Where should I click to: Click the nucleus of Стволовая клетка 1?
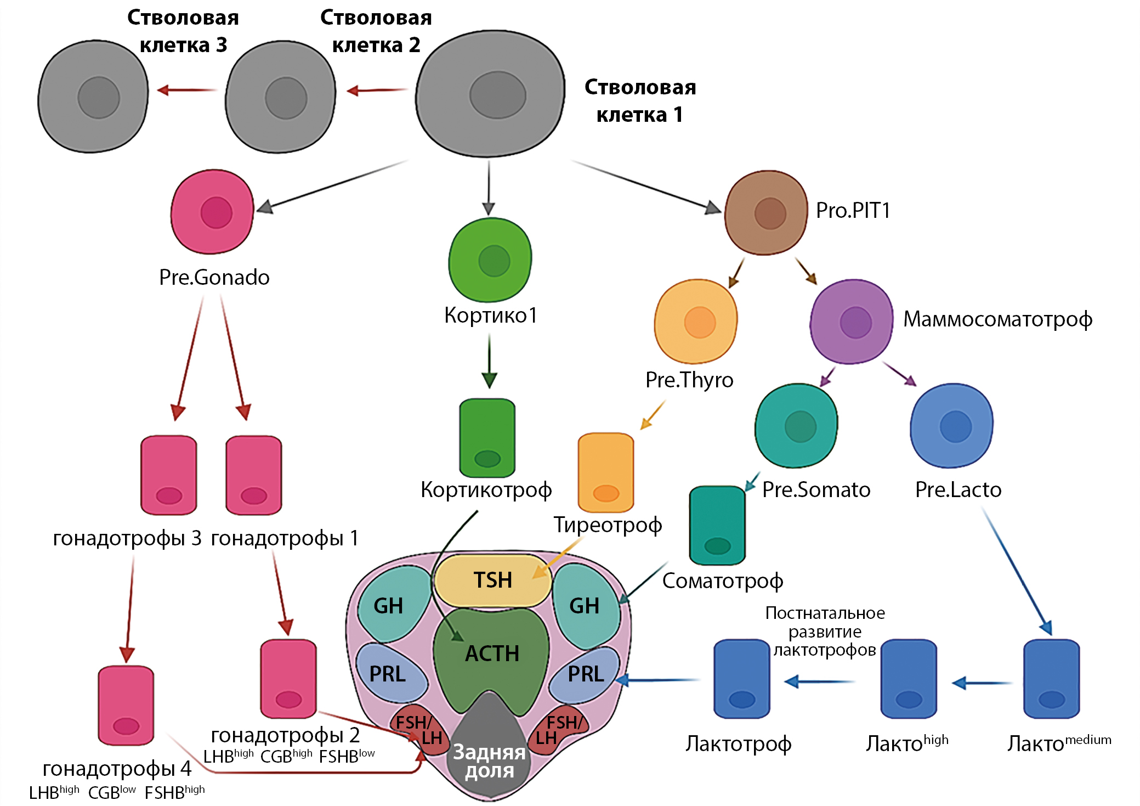[x=497, y=95]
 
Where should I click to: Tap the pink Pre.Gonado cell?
[x=212, y=212]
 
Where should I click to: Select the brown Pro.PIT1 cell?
[x=766, y=213]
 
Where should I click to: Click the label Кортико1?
[x=490, y=315]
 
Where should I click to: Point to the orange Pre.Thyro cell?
[x=696, y=322]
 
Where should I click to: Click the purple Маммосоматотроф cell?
[x=852, y=322]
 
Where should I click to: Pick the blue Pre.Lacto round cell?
[x=952, y=426]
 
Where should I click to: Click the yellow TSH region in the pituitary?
[x=492, y=580]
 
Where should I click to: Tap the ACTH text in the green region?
[x=492, y=653]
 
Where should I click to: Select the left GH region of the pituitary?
[x=390, y=605]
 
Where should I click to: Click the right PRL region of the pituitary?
[x=585, y=674]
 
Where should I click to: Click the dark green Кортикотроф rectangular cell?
[x=487, y=438]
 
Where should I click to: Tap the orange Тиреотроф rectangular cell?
[x=606, y=472]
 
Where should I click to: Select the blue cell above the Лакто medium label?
[x=1052, y=679]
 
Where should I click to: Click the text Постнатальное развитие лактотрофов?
[x=825, y=632]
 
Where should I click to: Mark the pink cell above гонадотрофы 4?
[x=126, y=706]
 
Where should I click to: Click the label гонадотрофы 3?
[x=127, y=538]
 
